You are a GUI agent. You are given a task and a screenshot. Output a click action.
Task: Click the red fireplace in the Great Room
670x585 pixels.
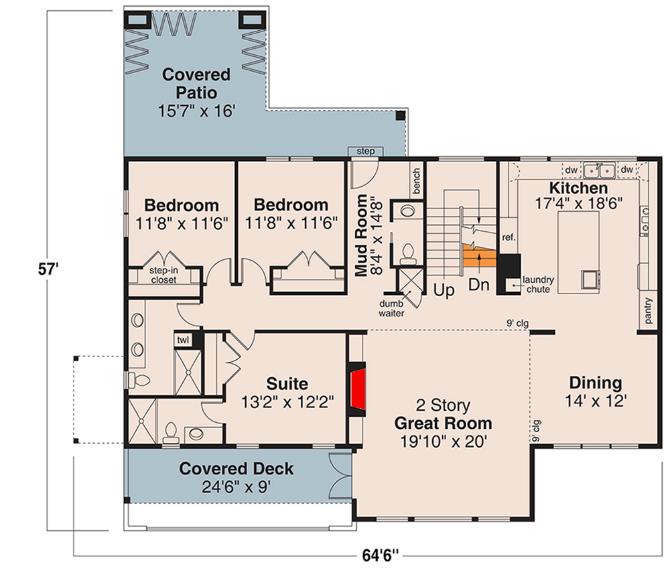click(x=358, y=389)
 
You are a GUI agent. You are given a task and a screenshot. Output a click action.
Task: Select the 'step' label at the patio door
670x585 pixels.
click(x=366, y=151)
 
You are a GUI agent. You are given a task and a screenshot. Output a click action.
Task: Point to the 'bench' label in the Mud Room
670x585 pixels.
click(x=417, y=180)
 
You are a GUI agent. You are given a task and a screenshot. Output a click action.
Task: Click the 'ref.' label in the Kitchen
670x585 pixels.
click(x=509, y=237)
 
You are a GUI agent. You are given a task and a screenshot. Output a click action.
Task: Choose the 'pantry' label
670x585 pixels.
click(x=648, y=310)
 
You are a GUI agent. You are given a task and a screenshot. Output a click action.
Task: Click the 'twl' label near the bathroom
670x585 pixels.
click(x=183, y=340)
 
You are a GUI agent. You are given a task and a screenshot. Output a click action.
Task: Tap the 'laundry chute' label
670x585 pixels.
click(x=539, y=284)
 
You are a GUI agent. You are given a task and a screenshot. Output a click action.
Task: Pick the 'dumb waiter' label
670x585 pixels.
click(x=391, y=308)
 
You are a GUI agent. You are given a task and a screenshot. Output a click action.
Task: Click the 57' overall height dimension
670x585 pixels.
click(x=48, y=269)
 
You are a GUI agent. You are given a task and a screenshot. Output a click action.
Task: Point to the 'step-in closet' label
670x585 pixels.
click(x=163, y=275)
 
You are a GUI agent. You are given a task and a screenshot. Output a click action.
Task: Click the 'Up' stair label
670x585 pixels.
click(x=444, y=291)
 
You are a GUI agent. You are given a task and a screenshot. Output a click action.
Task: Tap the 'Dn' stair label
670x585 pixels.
click(x=478, y=285)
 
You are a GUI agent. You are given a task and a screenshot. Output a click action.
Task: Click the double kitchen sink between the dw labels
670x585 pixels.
click(x=599, y=170)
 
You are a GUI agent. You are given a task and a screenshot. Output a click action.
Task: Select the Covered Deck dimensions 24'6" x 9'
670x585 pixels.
click(x=237, y=486)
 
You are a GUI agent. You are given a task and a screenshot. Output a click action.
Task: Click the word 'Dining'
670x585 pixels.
click(x=596, y=383)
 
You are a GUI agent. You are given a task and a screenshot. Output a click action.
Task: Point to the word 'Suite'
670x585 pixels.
click(x=287, y=383)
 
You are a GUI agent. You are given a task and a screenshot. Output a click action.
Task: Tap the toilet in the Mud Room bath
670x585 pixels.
click(x=409, y=253)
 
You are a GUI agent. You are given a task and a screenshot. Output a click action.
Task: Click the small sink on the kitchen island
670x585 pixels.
click(x=590, y=279)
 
